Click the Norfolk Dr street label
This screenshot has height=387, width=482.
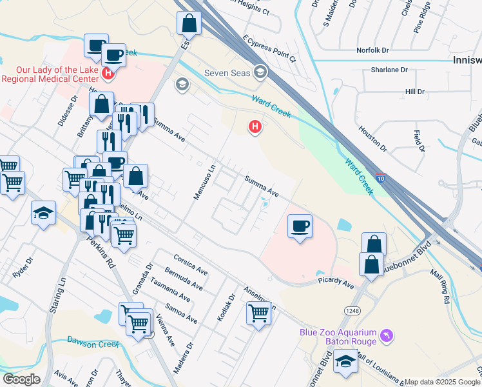[x=373, y=50]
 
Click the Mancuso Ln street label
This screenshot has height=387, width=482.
[x=204, y=183]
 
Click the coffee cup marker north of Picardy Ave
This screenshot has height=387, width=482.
[x=300, y=226]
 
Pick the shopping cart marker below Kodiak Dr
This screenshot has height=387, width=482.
[x=259, y=313]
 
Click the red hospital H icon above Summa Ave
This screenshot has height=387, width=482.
[x=255, y=126]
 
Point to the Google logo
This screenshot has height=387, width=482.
[x=21, y=379]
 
